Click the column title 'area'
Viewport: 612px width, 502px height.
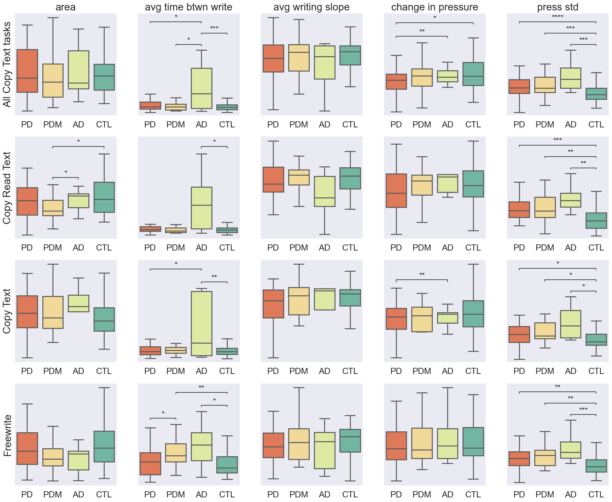[x=65, y=7]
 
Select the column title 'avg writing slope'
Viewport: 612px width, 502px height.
[x=311, y=7]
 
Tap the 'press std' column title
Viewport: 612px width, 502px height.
[x=557, y=7]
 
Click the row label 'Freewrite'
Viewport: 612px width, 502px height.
[x=7, y=435]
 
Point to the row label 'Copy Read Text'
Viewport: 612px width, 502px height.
[x=7, y=188]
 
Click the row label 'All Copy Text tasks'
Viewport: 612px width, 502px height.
[x=7, y=64]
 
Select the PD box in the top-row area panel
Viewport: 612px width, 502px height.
[x=27, y=71]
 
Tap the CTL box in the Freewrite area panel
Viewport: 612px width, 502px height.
[x=104, y=446]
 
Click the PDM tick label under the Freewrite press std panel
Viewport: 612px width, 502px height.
[x=545, y=494]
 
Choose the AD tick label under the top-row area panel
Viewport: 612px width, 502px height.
[x=78, y=125]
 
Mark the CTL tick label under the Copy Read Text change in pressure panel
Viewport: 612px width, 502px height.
[x=473, y=248]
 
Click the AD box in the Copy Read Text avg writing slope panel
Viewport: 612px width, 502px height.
[x=324, y=191]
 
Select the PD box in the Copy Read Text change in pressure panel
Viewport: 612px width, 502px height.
[x=396, y=191]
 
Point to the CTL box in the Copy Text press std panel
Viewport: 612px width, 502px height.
[x=596, y=340]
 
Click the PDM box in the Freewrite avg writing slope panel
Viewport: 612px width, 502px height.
[x=299, y=444]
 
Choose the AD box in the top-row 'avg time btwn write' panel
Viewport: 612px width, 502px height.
[x=201, y=88]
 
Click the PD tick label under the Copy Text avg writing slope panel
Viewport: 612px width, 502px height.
[x=273, y=371]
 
